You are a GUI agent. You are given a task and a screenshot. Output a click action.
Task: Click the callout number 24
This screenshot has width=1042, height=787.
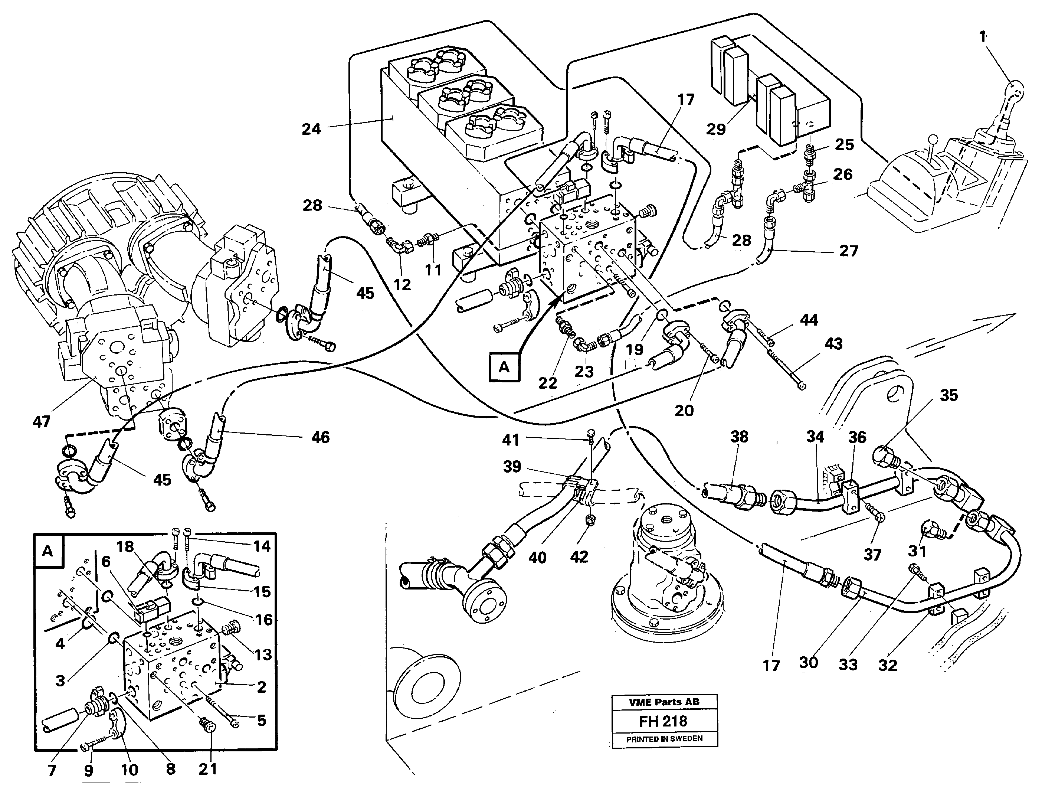tap(311, 129)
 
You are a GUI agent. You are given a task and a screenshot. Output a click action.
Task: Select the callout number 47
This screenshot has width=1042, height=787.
tap(42, 421)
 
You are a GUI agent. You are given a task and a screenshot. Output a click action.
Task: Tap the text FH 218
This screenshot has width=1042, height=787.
tap(663, 721)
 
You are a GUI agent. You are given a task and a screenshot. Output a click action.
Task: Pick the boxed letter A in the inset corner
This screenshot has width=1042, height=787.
tap(47, 551)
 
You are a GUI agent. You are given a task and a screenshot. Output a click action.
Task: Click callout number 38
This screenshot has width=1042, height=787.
tap(738, 437)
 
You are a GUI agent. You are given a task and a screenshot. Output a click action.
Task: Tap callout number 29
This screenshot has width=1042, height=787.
tap(716, 129)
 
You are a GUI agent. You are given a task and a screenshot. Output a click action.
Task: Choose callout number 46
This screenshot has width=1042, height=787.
tap(321, 437)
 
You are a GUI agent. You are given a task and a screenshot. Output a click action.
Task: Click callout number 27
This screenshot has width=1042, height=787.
tap(848, 250)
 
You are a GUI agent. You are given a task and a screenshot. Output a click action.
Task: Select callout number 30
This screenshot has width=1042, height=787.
tap(808, 662)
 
